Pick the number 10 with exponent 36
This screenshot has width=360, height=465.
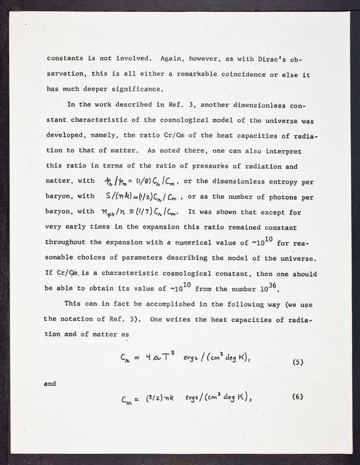(276, 287)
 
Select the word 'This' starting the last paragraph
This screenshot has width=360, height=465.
(74, 303)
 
